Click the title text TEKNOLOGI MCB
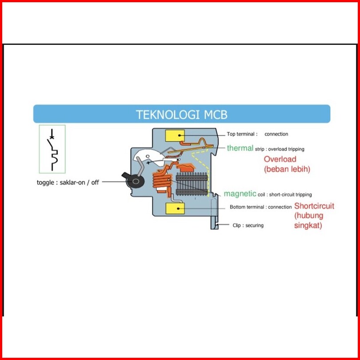181,115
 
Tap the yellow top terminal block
175,136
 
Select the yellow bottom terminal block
175,208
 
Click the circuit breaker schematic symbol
52,149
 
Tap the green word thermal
240,148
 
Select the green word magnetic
240,194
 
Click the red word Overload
280,159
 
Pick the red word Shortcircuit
314,206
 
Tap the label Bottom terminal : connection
260,207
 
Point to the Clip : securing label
248,225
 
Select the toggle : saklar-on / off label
68,182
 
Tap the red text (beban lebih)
287,169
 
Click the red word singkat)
308,226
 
